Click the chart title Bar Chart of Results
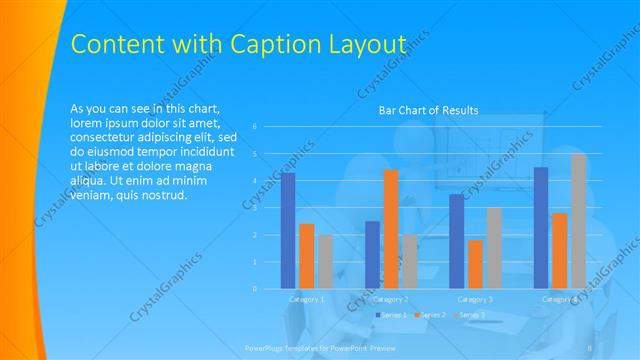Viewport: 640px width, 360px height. click(428, 110)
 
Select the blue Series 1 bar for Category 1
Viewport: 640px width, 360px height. click(288, 230)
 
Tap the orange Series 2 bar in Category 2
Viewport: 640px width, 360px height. click(391, 229)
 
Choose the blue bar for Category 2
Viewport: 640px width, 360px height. click(372, 254)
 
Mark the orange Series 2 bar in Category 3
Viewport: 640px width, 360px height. click(475, 264)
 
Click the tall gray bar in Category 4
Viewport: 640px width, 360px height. click(579, 221)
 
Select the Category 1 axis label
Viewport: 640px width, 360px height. click(307, 299)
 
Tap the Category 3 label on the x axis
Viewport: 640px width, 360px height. click(475, 299)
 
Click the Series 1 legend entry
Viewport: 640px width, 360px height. click(391, 315)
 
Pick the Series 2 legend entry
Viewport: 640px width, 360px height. click(431, 315)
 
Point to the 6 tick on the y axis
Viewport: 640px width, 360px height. click(255, 126)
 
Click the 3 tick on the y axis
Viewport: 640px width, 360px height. click(255, 207)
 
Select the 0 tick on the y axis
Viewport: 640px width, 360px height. click(255, 288)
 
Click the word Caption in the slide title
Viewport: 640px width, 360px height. click(274, 44)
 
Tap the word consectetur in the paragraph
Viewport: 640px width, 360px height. click(108, 137)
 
